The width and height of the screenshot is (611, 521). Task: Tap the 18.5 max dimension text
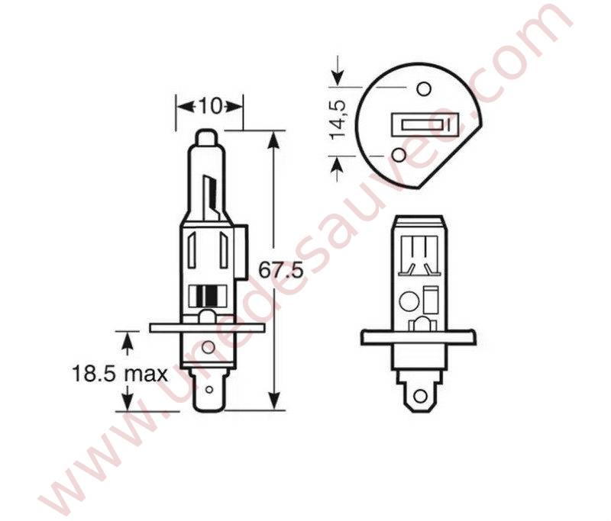pos(119,374)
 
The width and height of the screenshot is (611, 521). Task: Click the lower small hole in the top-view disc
pos(398,156)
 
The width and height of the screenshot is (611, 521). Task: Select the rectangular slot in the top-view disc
pos(425,124)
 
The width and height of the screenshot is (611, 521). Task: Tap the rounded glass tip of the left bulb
pos(207,139)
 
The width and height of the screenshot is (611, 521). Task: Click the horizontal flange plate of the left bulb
pos(207,327)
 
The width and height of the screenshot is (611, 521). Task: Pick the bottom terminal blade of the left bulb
pos(207,395)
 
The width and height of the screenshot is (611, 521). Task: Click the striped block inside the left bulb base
pos(207,295)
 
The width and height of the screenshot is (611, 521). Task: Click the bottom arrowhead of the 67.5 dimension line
pos(273,402)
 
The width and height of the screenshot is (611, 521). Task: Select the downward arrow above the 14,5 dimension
pos(338,77)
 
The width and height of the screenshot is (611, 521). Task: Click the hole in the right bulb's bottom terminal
pos(419,395)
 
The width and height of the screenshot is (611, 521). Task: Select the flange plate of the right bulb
pos(418,336)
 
